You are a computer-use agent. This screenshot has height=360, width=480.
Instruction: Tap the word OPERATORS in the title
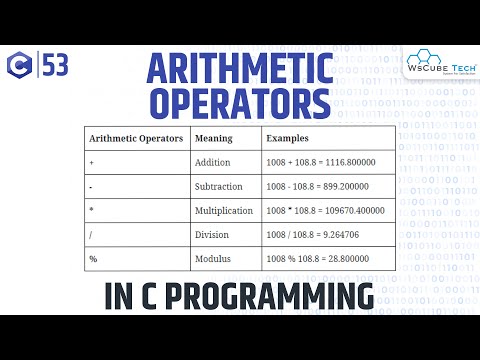click(x=239, y=105)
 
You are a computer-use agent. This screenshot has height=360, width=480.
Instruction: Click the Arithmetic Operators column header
click(x=135, y=138)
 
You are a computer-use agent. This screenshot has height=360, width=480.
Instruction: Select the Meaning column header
click(x=213, y=138)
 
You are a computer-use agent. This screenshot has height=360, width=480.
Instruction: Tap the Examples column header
click(x=288, y=138)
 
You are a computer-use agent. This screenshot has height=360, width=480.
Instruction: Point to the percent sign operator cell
click(x=93, y=260)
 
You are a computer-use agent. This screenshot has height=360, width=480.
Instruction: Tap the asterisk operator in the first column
click(x=92, y=212)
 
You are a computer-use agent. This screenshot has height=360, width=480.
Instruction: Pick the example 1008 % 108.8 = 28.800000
click(x=322, y=260)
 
